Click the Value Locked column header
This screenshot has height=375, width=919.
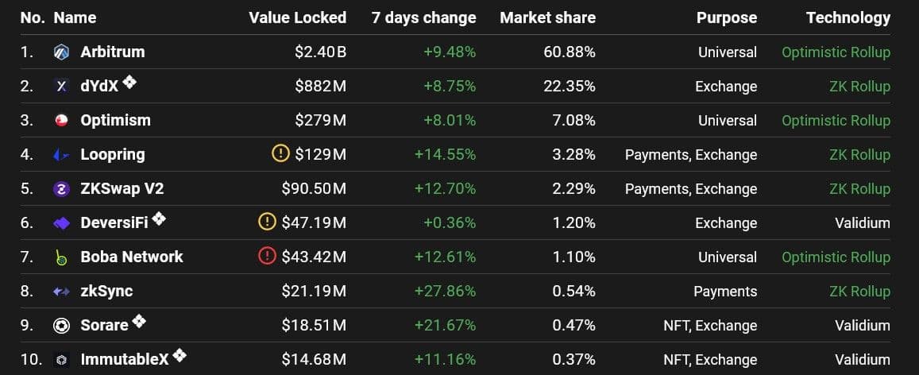[x=297, y=17]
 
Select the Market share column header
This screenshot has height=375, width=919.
[x=547, y=17]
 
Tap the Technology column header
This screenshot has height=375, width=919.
[x=848, y=17]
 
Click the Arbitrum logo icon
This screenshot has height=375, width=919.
[x=61, y=52]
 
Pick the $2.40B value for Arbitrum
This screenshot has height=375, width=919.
[x=320, y=52]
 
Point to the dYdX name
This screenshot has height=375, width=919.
[x=99, y=87]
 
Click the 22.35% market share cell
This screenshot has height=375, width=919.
[x=569, y=87]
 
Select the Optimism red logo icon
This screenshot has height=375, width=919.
[x=61, y=121]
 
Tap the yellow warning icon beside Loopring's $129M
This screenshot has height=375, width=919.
[x=280, y=154]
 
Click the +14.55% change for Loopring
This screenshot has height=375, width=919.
[x=445, y=155]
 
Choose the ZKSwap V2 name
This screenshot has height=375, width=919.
[x=122, y=189]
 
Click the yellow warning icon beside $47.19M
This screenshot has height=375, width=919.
[x=268, y=222]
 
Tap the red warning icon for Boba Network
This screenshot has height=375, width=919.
[x=268, y=257]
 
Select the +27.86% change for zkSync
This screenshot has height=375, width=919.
[x=445, y=292]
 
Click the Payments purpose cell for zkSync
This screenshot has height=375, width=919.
[x=725, y=292]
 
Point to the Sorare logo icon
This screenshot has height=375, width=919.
[x=61, y=326]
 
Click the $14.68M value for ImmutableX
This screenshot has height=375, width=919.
[x=314, y=360]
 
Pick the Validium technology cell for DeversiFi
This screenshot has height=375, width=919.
[x=862, y=223]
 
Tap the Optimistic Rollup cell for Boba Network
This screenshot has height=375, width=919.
[x=836, y=257]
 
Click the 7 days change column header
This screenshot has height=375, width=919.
[x=423, y=17]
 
